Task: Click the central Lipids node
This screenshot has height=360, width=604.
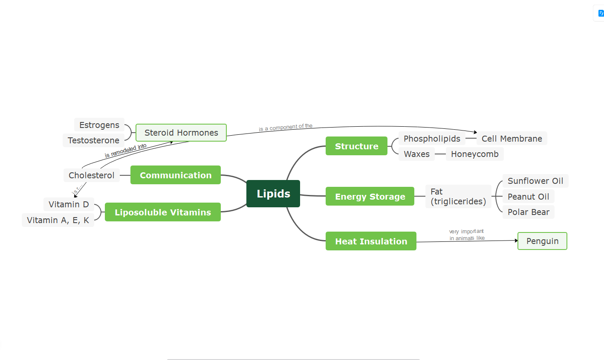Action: [273, 194]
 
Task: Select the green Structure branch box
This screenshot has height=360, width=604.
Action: [356, 146]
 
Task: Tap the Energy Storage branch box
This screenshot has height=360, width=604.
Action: [370, 196]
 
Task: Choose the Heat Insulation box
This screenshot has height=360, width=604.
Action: [371, 241]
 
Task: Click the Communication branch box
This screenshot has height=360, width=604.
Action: [176, 175]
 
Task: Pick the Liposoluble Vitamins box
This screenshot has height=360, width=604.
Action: [163, 212]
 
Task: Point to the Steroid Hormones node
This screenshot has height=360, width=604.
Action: [181, 133]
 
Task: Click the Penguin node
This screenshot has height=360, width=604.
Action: [542, 241]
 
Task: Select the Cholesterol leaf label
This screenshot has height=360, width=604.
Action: [91, 175]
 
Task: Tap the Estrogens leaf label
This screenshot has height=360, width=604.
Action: [99, 125]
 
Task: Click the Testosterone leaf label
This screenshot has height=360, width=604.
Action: [93, 140]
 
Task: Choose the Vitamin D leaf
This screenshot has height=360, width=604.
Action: [69, 204]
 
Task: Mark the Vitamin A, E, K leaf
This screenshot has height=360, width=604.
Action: [58, 220]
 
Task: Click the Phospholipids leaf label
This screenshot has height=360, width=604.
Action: [432, 139]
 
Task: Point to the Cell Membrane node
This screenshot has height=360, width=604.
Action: [512, 139]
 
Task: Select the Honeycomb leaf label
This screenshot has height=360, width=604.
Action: [474, 154]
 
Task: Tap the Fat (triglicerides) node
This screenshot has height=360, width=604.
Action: [458, 197]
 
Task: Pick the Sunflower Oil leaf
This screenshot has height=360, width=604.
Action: [535, 181]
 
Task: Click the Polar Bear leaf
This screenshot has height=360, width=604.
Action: [528, 212]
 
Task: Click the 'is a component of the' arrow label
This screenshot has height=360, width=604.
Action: [286, 127]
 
